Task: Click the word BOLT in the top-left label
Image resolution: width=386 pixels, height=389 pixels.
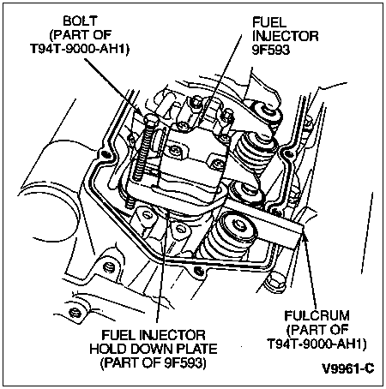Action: click(x=81, y=21)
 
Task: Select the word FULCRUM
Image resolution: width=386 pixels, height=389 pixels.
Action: click(x=317, y=315)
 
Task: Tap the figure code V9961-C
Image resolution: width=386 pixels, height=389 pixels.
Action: click(x=348, y=368)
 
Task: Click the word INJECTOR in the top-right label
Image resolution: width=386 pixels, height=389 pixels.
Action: click(x=286, y=36)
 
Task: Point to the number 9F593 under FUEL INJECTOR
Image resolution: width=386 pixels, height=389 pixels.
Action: click(x=271, y=50)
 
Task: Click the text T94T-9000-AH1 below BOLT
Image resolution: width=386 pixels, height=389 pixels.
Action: click(x=80, y=49)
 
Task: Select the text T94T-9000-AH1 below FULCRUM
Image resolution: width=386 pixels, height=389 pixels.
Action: click(x=317, y=344)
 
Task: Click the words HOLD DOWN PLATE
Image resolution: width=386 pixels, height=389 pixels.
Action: click(x=154, y=349)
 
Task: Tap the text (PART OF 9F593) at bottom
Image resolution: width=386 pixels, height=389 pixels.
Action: click(x=154, y=362)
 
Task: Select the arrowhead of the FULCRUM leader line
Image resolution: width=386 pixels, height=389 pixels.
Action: click(x=305, y=236)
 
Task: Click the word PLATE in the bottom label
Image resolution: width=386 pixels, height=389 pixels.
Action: click(x=197, y=349)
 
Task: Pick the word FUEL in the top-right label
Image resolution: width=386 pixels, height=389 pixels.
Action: click(x=269, y=22)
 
